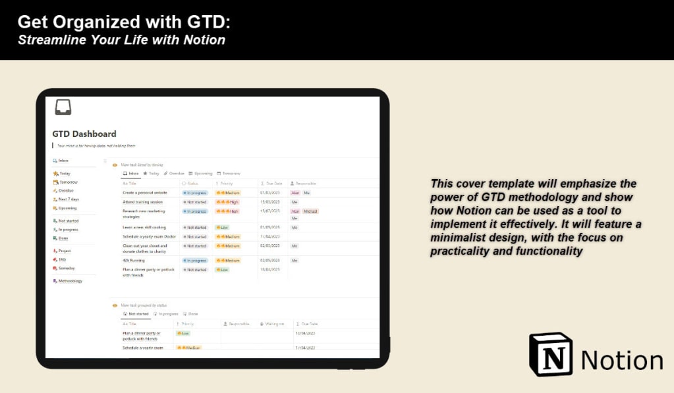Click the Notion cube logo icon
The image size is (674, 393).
[551, 354]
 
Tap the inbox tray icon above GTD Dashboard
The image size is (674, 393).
[63, 107]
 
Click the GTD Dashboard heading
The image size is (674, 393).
[84, 134]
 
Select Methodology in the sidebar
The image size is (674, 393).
[70, 281]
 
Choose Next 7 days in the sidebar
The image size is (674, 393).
[68, 199]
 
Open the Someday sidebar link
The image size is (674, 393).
[67, 268]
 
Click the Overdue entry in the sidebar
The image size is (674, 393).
[66, 190]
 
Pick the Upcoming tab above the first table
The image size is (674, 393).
[201, 174]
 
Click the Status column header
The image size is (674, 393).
[192, 183]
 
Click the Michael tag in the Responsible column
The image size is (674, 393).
[310, 211]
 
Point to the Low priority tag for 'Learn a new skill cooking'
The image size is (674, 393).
[222, 227]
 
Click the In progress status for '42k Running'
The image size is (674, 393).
[195, 261]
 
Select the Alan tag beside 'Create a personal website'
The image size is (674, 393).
[295, 193]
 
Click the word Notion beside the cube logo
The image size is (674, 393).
[622, 361]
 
